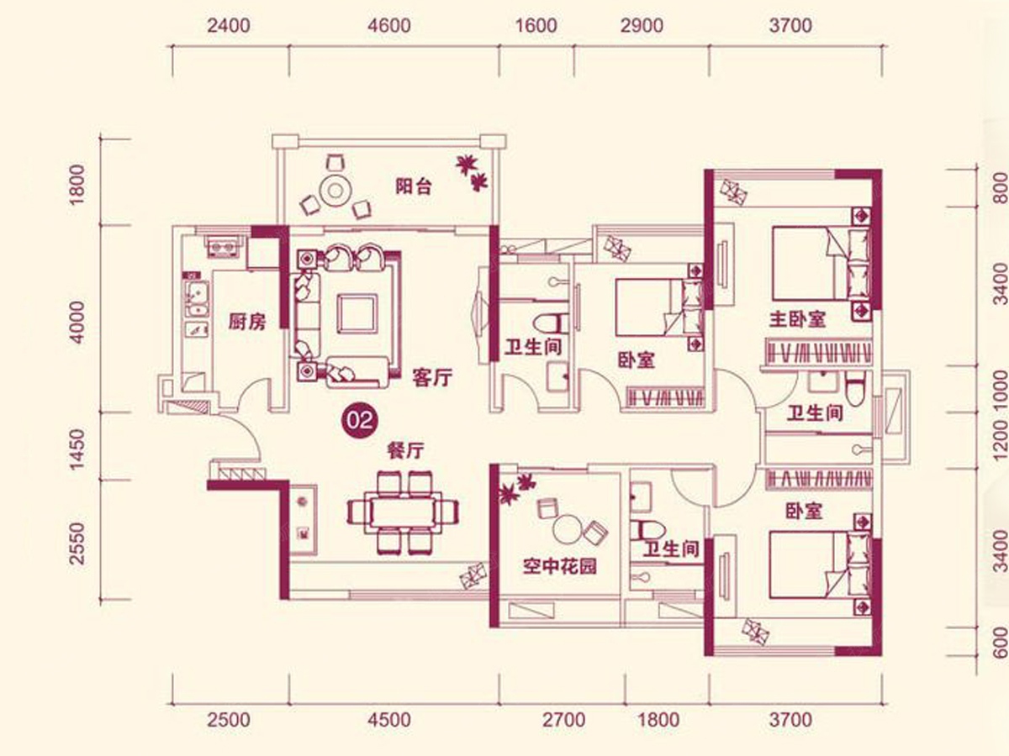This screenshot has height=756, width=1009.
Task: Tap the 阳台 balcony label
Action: tap(414, 186)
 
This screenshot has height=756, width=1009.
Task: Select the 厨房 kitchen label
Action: tap(247, 322)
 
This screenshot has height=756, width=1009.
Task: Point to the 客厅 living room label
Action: tap(432, 378)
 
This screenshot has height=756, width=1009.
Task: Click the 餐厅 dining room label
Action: tap(405, 451)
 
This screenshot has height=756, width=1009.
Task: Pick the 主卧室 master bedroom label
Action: tap(798, 319)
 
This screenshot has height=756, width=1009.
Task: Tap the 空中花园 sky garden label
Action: tap(559, 567)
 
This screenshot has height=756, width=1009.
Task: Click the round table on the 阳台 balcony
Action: tap(335, 190)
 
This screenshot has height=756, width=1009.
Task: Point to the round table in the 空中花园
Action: tap(568, 530)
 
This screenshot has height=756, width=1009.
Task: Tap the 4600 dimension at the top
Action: tap(389, 26)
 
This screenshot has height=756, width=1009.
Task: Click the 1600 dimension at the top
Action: tap(536, 26)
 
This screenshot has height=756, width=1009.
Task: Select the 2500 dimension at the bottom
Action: tap(229, 720)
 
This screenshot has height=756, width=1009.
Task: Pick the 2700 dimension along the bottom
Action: tap(563, 720)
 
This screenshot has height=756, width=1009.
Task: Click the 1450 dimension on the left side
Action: tap(78, 449)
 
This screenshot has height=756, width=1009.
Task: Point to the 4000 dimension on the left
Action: tap(78, 323)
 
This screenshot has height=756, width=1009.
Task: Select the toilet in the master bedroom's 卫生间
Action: tap(854, 389)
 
